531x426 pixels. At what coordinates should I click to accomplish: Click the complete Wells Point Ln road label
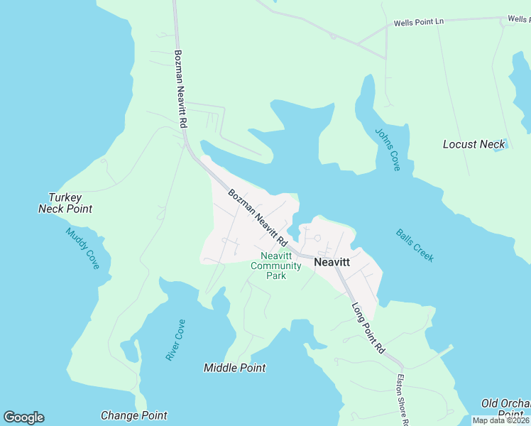(x=419, y=22)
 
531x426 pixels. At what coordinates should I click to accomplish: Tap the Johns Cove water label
(x=388, y=149)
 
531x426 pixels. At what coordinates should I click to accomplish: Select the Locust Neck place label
(x=473, y=144)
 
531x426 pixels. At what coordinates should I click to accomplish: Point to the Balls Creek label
(x=415, y=245)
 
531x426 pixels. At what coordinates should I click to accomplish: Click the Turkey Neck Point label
(x=65, y=203)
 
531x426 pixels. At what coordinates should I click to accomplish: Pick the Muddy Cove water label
(x=83, y=248)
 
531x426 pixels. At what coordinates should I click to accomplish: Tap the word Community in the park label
(x=276, y=266)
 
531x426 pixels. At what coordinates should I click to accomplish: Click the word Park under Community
(x=276, y=275)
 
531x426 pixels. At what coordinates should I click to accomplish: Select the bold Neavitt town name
(x=332, y=262)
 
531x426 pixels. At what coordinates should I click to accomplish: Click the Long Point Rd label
(x=368, y=328)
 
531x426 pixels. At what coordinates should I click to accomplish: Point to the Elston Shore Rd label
(x=402, y=399)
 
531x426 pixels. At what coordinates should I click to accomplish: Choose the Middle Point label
(x=234, y=368)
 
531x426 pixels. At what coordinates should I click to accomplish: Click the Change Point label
(x=134, y=415)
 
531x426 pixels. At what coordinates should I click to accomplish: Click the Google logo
(x=24, y=417)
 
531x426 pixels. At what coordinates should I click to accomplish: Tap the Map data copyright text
(x=501, y=420)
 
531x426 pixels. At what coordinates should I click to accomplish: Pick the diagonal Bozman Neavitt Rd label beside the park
(x=256, y=217)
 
